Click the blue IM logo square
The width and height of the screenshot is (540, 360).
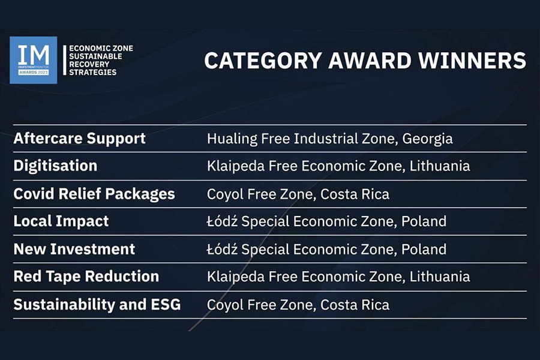[x=34, y=60]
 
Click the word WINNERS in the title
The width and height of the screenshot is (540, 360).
[x=472, y=61]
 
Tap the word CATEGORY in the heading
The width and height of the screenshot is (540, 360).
[x=263, y=61]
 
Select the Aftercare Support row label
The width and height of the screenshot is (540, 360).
[x=80, y=139]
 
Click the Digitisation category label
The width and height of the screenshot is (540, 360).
[x=55, y=166]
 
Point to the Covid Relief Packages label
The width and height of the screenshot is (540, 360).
[x=94, y=194]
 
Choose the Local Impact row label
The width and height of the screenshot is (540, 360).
[x=61, y=221]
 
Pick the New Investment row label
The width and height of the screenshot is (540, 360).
[x=74, y=249]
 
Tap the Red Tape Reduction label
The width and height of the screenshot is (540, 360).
[x=86, y=276]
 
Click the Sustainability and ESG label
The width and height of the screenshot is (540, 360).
[x=97, y=305]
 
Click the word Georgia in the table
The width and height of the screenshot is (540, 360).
[x=427, y=139]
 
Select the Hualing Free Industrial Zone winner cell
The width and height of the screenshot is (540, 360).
[x=329, y=139]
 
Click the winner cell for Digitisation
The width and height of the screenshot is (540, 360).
[x=338, y=166]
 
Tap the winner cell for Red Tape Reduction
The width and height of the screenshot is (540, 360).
[x=338, y=277]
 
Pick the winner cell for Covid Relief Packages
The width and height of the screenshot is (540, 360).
[x=298, y=194]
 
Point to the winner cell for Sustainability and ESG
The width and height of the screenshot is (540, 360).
[x=298, y=305]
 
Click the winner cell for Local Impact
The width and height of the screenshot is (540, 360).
[x=326, y=221]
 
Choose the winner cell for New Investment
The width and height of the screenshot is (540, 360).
[x=326, y=249]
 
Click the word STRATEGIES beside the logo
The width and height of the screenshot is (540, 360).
[x=92, y=73]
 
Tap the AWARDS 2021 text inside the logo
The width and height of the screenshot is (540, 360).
[x=34, y=73]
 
